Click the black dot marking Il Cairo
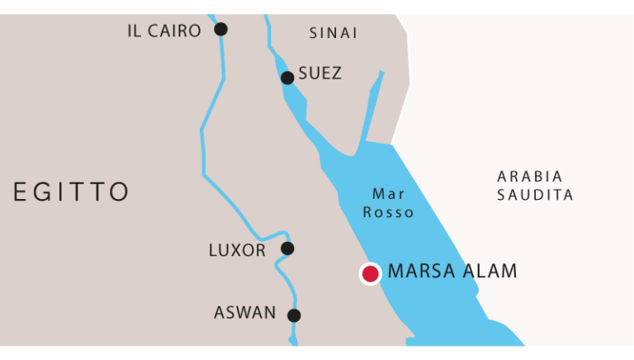[220, 30]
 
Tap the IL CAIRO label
[164, 31]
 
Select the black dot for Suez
[287, 78]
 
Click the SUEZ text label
[319, 74]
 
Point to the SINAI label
[334, 34]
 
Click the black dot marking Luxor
[287, 249]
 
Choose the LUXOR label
[238, 250]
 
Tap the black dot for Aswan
[294, 315]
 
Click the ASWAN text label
[245, 313]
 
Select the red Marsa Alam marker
[370, 273]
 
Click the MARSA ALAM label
[452, 271]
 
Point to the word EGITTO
[72, 192]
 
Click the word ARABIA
[530, 177]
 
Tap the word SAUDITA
[535, 196]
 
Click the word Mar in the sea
[388, 195]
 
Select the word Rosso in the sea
[388, 213]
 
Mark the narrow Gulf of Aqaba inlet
[372, 107]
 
